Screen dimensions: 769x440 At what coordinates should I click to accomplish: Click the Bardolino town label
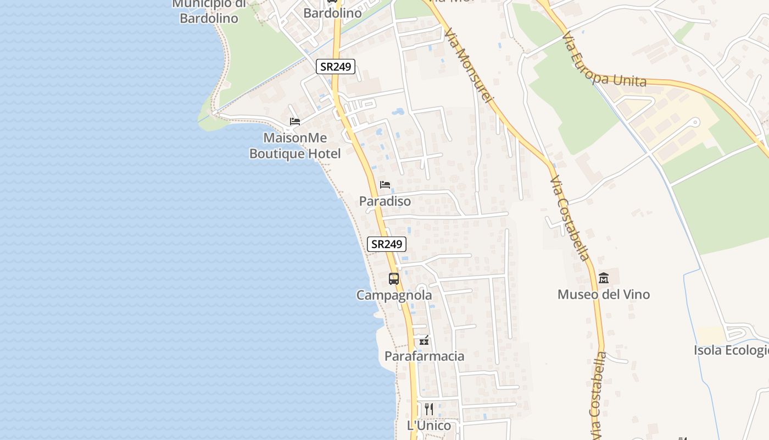332,13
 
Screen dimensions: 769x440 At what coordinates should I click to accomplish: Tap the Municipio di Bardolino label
209,11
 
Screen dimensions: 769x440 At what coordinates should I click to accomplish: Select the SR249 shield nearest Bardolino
336,67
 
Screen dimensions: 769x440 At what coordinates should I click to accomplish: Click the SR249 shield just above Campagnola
387,244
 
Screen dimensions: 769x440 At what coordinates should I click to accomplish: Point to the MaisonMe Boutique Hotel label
295,146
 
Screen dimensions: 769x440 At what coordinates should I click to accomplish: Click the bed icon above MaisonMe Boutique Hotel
295,122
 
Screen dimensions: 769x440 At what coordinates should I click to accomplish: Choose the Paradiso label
385,201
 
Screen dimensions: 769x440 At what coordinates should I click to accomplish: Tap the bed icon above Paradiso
385,185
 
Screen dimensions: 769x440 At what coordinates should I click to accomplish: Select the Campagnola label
394,295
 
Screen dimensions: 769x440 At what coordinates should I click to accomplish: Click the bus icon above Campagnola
394,279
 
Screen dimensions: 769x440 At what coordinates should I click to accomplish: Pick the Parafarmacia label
424,356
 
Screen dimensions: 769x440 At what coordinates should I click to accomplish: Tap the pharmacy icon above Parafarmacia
423,340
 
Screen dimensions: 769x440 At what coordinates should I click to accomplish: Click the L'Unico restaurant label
429,425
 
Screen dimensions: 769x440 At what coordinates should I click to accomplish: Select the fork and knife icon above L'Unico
429,409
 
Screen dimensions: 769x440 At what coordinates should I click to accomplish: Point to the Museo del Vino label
603,294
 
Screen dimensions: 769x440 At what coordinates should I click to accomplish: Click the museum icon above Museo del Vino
604,278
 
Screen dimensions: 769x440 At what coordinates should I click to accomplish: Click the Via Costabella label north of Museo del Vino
570,218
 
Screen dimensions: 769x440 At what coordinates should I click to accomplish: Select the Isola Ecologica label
731,350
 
